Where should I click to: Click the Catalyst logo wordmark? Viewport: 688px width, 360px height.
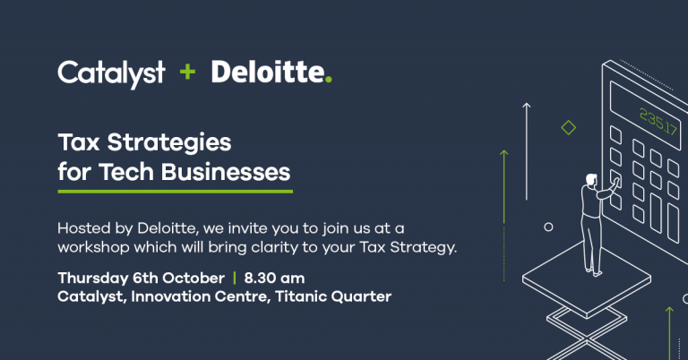[111, 74]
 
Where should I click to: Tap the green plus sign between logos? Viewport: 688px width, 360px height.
[187, 72]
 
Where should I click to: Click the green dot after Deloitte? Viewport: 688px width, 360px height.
[329, 80]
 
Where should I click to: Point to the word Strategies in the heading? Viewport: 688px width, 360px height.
[169, 143]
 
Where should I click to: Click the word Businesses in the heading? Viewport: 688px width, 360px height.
[226, 171]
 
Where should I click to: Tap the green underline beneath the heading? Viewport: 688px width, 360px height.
[175, 191]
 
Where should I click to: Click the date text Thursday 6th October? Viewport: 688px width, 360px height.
[141, 278]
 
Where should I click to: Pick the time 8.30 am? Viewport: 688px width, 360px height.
[274, 278]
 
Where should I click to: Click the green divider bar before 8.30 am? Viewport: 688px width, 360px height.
[235, 278]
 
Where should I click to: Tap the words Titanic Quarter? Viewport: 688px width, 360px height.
[333, 296]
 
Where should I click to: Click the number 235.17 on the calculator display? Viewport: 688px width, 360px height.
[658, 122]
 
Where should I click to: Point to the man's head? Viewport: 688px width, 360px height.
[591, 179]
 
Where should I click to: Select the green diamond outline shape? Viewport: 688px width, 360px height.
[569, 127]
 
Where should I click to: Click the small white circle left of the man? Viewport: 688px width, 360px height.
[548, 227]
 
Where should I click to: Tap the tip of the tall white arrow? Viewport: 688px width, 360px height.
[527, 104]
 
